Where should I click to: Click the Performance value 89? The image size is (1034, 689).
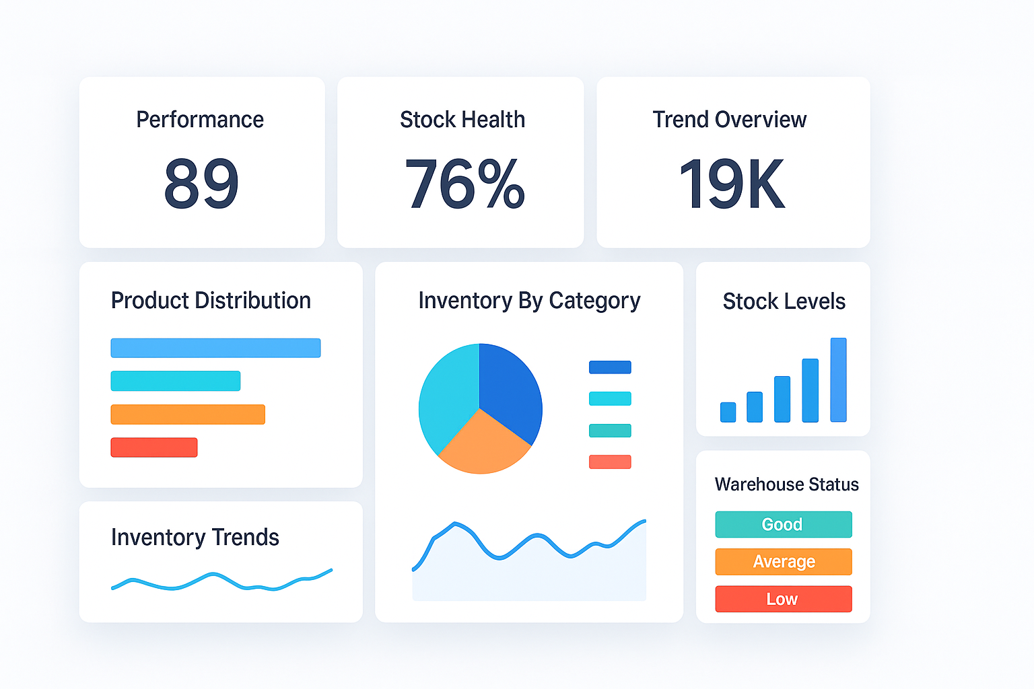(x=201, y=183)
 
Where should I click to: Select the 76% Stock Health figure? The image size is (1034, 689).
(x=464, y=183)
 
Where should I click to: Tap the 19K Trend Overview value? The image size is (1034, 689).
(x=732, y=183)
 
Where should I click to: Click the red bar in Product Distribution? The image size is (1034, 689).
(x=154, y=447)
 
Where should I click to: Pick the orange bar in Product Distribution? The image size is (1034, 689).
(x=188, y=414)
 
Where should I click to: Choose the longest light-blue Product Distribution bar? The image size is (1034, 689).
(x=215, y=348)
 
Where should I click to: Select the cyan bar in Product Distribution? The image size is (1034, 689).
(x=176, y=381)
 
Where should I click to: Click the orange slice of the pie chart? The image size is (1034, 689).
(x=483, y=444)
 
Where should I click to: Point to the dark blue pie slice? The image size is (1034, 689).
(x=510, y=387)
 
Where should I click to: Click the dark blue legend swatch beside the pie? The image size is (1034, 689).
(x=610, y=367)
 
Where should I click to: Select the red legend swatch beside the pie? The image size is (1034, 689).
(x=610, y=462)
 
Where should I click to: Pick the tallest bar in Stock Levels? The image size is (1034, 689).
(x=838, y=380)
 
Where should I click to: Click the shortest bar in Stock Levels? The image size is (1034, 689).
(x=728, y=412)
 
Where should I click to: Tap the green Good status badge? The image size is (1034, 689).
(x=784, y=524)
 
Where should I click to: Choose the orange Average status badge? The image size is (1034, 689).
(x=784, y=562)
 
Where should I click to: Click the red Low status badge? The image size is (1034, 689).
(x=784, y=599)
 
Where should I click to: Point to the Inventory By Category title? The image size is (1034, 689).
(x=529, y=301)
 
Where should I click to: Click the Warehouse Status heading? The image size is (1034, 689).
(x=786, y=484)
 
